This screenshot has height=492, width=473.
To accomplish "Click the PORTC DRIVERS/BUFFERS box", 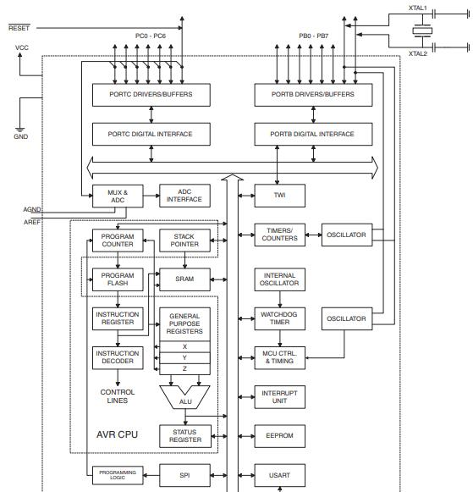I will (x=151, y=95).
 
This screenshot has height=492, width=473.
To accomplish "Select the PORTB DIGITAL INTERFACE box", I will (x=312, y=134).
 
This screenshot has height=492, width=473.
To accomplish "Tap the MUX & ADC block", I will (x=118, y=196).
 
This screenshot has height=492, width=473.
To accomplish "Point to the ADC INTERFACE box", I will (x=184, y=196).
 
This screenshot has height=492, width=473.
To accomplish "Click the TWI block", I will (x=279, y=195).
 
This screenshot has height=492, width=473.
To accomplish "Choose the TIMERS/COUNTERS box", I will (x=279, y=235).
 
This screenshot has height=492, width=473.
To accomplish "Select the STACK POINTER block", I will (x=184, y=240).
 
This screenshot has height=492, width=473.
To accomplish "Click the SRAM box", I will (x=184, y=279).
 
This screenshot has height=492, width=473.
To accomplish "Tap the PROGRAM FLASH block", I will (x=118, y=279).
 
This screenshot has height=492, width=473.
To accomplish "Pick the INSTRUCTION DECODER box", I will (x=118, y=357).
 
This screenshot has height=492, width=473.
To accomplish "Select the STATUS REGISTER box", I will (x=184, y=435).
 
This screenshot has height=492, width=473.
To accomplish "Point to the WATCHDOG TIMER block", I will (x=279, y=318).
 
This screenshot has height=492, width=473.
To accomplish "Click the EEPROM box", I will (x=279, y=437).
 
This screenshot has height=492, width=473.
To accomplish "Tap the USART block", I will (x=279, y=475).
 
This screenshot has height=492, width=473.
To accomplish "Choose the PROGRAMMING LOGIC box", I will (x=118, y=475).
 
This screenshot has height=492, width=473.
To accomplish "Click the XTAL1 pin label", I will (x=417, y=8).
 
